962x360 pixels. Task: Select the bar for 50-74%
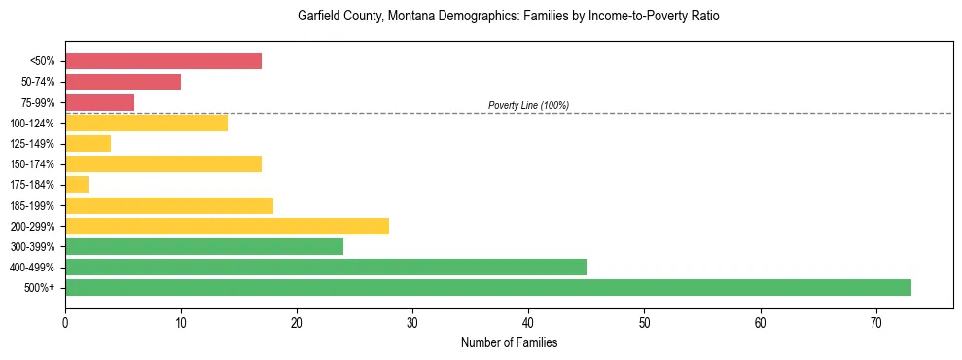tap(123, 82)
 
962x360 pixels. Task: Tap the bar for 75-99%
tap(99, 102)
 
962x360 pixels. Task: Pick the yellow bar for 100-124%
tap(146, 123)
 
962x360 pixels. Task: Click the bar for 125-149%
tap(88, 144)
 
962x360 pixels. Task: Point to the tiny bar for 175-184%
tap(77, 185)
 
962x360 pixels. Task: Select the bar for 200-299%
tap(227, 226)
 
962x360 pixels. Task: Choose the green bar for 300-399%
tap(204, 246)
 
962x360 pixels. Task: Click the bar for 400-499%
tap(326, 267)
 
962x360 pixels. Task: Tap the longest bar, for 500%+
tap(488, 287)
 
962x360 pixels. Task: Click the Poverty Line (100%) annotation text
tap(528, 105)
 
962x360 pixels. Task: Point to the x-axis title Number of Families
tap(509, 342)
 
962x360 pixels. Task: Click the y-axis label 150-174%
tap(36, 164)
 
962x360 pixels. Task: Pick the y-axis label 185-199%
tap(36, 205)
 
